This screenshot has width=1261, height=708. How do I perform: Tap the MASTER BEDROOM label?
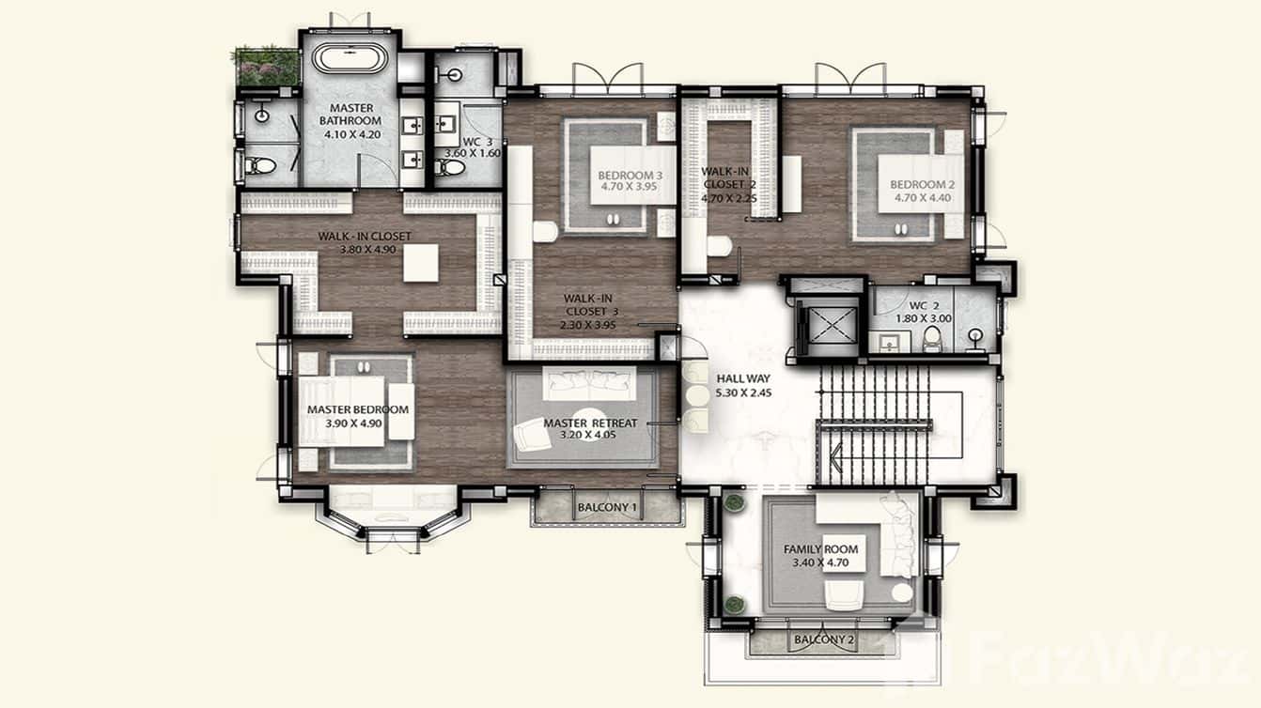[358, 410]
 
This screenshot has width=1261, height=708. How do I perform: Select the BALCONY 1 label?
[607, 508]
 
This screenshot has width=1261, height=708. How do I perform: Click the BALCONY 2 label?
[823, 640]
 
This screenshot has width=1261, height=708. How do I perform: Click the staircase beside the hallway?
[875, 423]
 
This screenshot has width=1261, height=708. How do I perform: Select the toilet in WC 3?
[451, 167]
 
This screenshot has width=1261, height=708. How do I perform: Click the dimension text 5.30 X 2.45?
[743, 392]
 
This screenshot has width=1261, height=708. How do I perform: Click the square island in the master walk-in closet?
[422, 263]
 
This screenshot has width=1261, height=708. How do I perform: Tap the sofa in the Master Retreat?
[592, 380]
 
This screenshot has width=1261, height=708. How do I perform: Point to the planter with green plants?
[267, 66]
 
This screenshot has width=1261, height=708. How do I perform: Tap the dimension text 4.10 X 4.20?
[350, 134]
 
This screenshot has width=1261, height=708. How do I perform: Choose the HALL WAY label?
[743, 378]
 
